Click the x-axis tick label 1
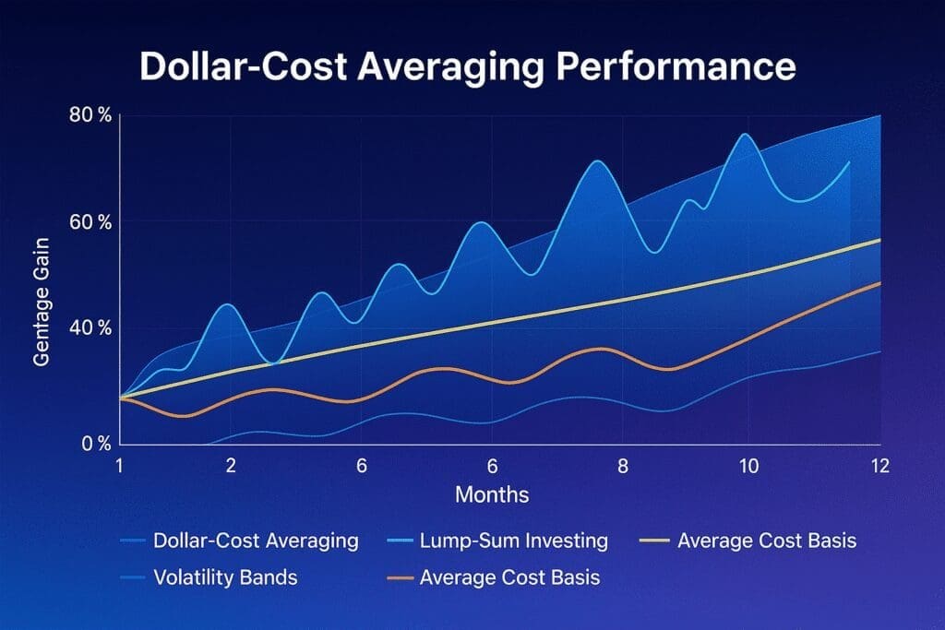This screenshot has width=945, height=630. point(119,466)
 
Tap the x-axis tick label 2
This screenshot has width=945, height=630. point(230,466)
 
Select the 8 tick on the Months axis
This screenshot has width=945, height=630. point(623,466)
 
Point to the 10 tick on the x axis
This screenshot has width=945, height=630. point(749,466)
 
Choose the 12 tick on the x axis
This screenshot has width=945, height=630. point(879,466)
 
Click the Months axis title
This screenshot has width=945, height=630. point(492,495)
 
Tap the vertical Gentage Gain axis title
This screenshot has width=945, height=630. point(42,302)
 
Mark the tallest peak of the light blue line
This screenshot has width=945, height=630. point(745,135)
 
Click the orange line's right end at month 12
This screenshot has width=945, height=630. point(879,283)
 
